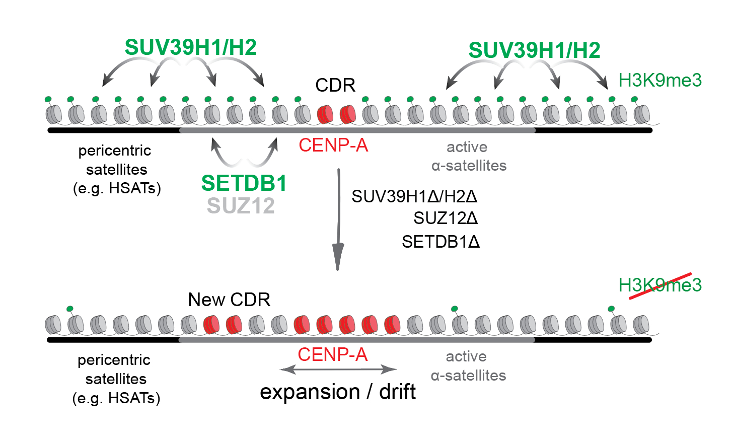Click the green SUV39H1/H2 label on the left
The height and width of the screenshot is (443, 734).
[190, 48]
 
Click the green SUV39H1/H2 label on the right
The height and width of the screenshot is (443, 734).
[534, 50]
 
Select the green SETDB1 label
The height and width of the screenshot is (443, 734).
[244, 183]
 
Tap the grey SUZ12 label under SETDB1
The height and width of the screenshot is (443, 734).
[241, 206]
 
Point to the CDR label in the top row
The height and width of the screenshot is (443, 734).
[335, 85]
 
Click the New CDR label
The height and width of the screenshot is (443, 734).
[229, 300]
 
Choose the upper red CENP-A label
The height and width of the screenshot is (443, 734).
[333, 145]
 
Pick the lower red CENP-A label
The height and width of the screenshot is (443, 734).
[332, 355]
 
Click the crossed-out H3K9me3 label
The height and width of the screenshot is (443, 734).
[660, 285]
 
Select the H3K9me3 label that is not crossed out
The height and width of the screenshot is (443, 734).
[660, 81]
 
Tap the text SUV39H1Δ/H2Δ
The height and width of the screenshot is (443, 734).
[414, 196]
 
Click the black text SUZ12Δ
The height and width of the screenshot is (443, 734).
[446, 218]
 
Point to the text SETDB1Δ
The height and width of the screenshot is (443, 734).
[441, 242]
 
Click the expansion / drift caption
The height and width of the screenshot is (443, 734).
[337, 392]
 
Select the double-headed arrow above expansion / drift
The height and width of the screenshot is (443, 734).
[338, 370]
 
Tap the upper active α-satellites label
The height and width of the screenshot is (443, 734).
[469, 156]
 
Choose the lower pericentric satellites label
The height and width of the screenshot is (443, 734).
[116, 379]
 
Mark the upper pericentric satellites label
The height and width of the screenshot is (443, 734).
[116, 169]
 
